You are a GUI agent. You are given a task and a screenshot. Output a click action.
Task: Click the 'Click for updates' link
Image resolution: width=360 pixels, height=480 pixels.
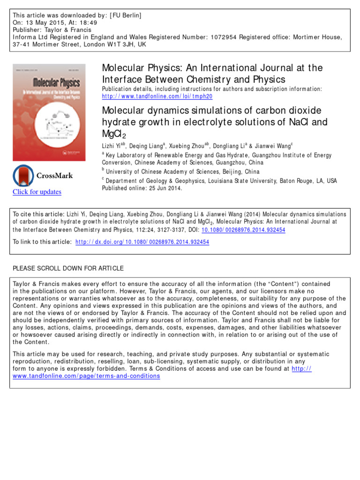(x=37, y=192)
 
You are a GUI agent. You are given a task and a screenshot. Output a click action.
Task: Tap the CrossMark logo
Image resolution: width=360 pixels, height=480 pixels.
(x=43, y=176)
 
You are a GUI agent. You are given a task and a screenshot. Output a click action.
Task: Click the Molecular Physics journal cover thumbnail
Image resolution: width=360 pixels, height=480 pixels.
(x=49, y=112)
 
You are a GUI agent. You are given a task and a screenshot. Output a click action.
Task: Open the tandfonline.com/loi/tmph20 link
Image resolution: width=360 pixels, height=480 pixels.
(x=157, y=96)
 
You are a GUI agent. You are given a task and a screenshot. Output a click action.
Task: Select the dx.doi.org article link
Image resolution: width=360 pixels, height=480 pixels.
(x=142, y=242)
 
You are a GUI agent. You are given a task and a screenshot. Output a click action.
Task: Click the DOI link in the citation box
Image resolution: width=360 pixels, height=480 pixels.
(x=244, y=230)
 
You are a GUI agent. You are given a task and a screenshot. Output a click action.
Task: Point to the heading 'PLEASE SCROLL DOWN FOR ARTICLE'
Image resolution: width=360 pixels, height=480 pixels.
(x=68, y=269)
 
